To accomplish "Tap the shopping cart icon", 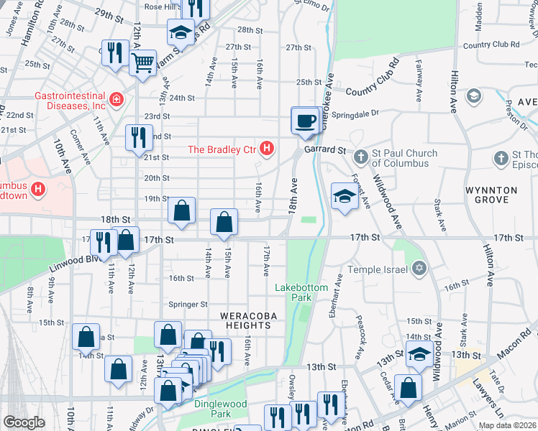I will (143, 62).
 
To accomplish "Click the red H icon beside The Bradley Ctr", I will (267, 149).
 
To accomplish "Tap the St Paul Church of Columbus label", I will (404, 158).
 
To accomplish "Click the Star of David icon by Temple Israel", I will (419, 269).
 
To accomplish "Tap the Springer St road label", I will (188, 305).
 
